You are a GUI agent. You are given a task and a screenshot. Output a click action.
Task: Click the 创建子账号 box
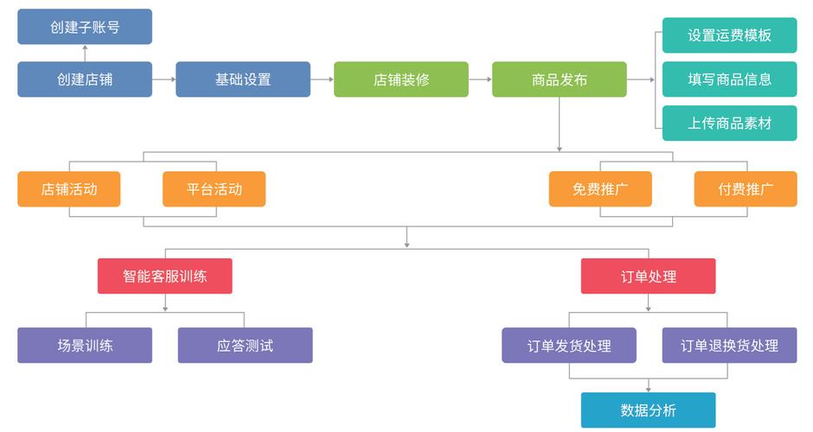click(x=85, y=27)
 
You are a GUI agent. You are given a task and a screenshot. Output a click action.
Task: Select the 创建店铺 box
click(x=85, y=79)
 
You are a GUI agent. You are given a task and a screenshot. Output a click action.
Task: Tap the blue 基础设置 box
click(x=243, y=79)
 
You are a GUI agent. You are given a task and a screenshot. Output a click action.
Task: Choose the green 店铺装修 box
click(x=401, y=79)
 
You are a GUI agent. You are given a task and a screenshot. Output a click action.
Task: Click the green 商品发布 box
click(x=560, y=79)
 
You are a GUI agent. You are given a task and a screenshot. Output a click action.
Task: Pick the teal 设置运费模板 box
click(x=729, y=35)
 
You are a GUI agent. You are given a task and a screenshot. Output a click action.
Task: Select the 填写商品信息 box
click(x=729, y=79)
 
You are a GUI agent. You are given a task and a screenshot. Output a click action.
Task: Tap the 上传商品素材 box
click(x=729, y=123)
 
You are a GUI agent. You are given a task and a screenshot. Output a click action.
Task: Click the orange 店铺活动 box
click(x=69, y=189)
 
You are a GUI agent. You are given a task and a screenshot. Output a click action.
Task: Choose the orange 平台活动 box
click(x=214, y=189)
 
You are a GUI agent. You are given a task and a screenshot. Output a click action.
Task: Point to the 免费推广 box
click(x=600, y=189)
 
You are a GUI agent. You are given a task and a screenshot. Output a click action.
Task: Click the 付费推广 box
click(x=746, y=189)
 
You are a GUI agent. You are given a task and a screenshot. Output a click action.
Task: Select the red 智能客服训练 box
click(x=164, y=276)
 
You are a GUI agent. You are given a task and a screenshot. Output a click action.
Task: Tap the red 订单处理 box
click(x=649, y=276)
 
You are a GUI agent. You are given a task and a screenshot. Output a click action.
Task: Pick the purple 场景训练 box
click(x=85, y=346)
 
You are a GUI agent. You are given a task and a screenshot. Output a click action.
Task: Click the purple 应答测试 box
click(x=245, y=346)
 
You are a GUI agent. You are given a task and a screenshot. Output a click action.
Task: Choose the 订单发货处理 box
click(x=569, y=346)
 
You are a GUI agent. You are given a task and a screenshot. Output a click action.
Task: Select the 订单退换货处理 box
click(x=729, y=346)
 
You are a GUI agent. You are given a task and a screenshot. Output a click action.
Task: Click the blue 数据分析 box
click(x=649, y=410)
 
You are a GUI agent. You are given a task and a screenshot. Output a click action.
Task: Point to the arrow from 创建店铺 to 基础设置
click(x=163, y=79)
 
